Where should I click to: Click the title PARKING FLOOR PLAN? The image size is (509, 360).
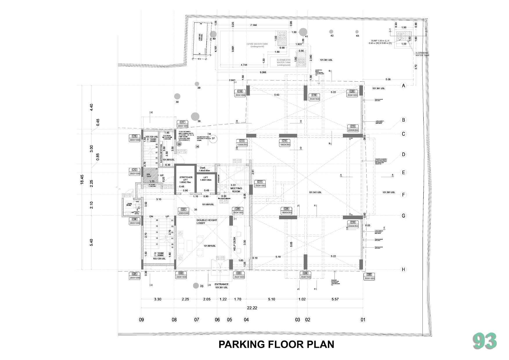point(276,344)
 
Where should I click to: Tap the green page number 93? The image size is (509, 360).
point(485,341)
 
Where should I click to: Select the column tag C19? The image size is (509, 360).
point(314,95)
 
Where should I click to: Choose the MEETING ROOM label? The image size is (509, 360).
point(236,190)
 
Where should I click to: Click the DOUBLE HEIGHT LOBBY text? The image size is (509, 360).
point(207,222)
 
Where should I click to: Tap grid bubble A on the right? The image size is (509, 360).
point(403,86)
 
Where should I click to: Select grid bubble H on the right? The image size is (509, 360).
point(403,270)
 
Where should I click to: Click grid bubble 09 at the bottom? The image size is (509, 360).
point(141,320)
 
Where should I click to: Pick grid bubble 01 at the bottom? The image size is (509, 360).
point(363,320)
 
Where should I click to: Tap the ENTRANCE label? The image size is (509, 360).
point(221,284)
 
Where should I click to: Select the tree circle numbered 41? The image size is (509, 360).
point(303,32)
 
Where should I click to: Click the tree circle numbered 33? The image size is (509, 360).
point(196,286)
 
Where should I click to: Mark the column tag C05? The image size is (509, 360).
point(369,274)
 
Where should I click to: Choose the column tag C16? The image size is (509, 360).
point(134,136)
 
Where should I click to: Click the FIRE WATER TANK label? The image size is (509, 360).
point(257,44)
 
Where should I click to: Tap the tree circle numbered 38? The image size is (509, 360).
point(195,116)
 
